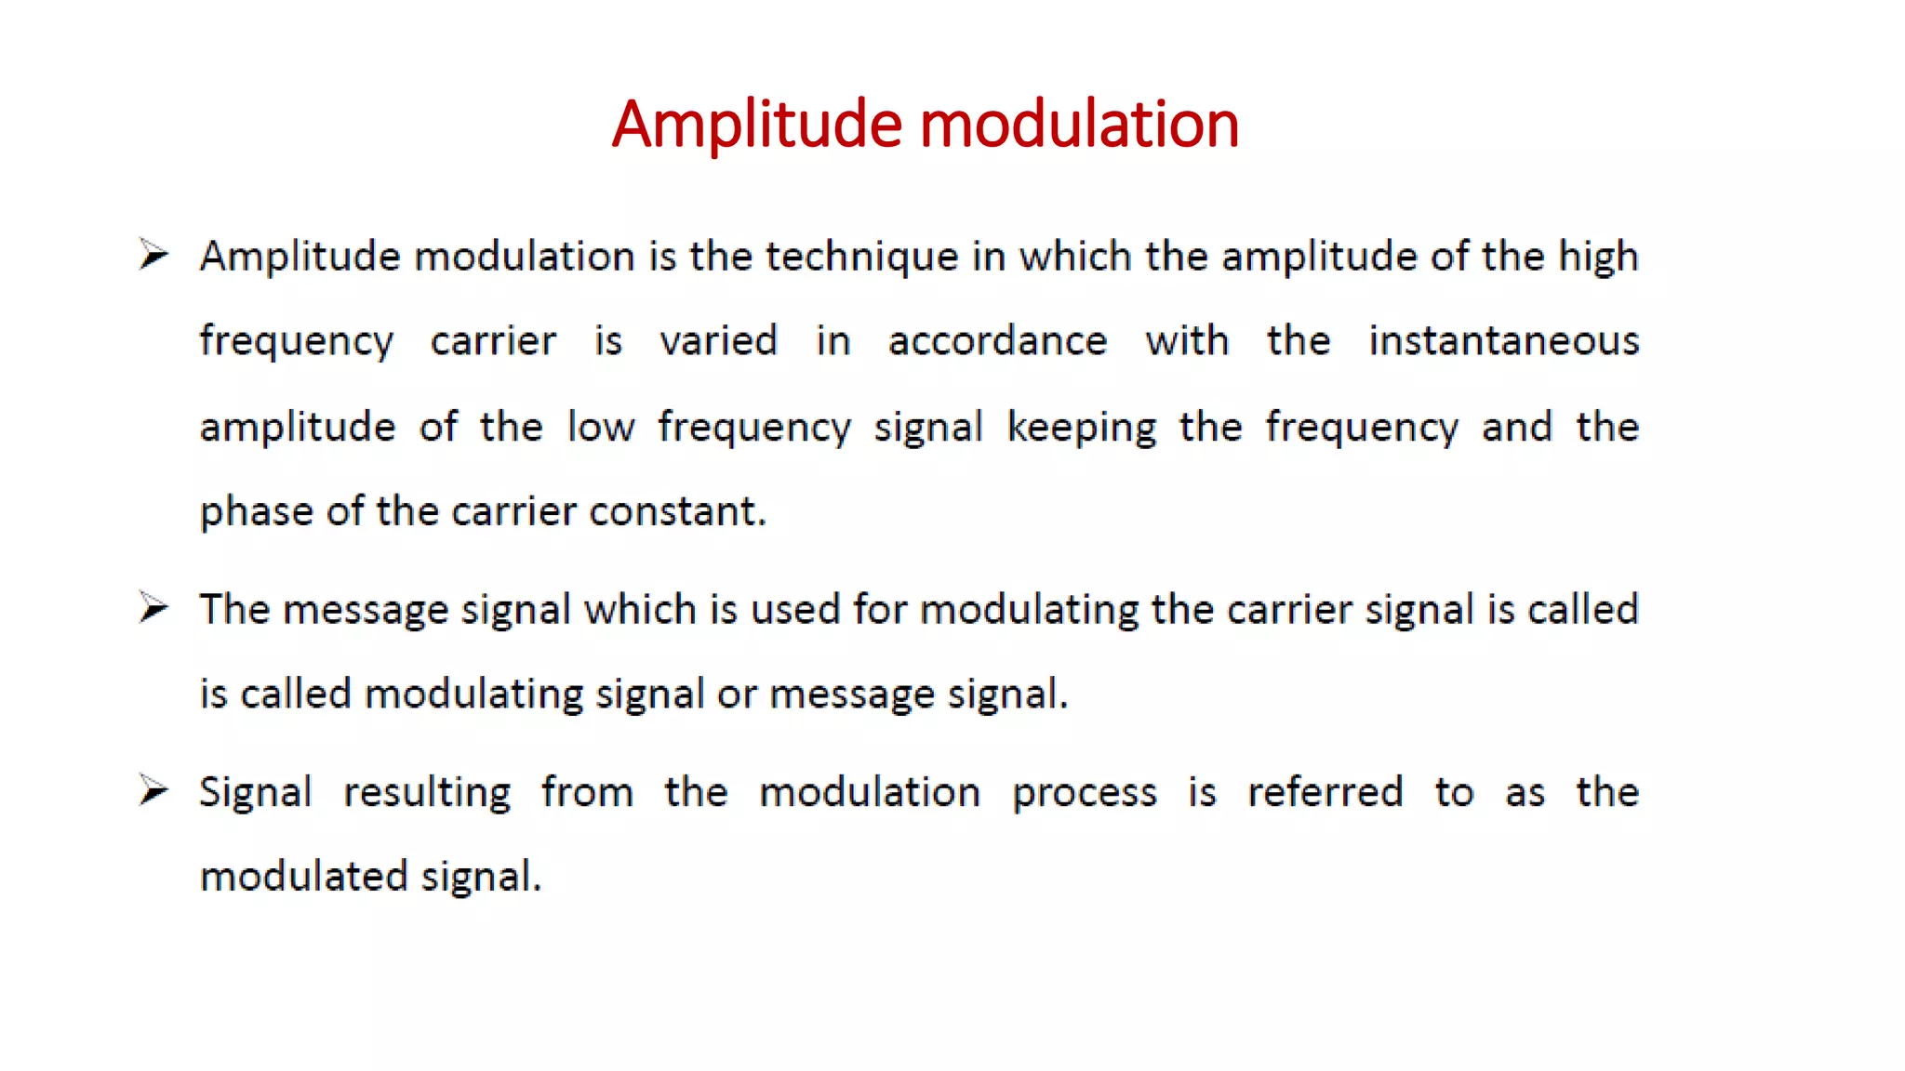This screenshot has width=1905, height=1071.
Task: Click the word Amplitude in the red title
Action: pyautogui.click(x=756, y=125)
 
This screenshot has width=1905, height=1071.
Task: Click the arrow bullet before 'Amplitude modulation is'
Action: pyautogui.click(x=153, y=254)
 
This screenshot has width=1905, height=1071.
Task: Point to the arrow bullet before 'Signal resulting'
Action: pyautogui.click(x=153, y=790)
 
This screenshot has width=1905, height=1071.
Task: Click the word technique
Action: pyautogui.click(x=861, y=257)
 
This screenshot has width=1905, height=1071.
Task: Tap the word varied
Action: pyautogui.click(x=718, y=341)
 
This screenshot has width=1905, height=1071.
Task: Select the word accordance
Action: pyautogui.click(x=997, y=341)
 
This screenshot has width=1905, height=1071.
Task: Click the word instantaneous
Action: pyautogui.click(x=1503, y=341)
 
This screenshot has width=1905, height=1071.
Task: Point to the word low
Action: pyautogui.click(x=601, y=427)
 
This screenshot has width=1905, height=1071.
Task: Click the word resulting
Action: pyautogui.click(x=427, y=793)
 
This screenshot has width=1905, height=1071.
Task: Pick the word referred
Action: pyautogui.click(x=1325, y=792)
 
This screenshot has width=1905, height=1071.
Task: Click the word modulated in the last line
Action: pyautogui.click(x=304, y=877)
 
